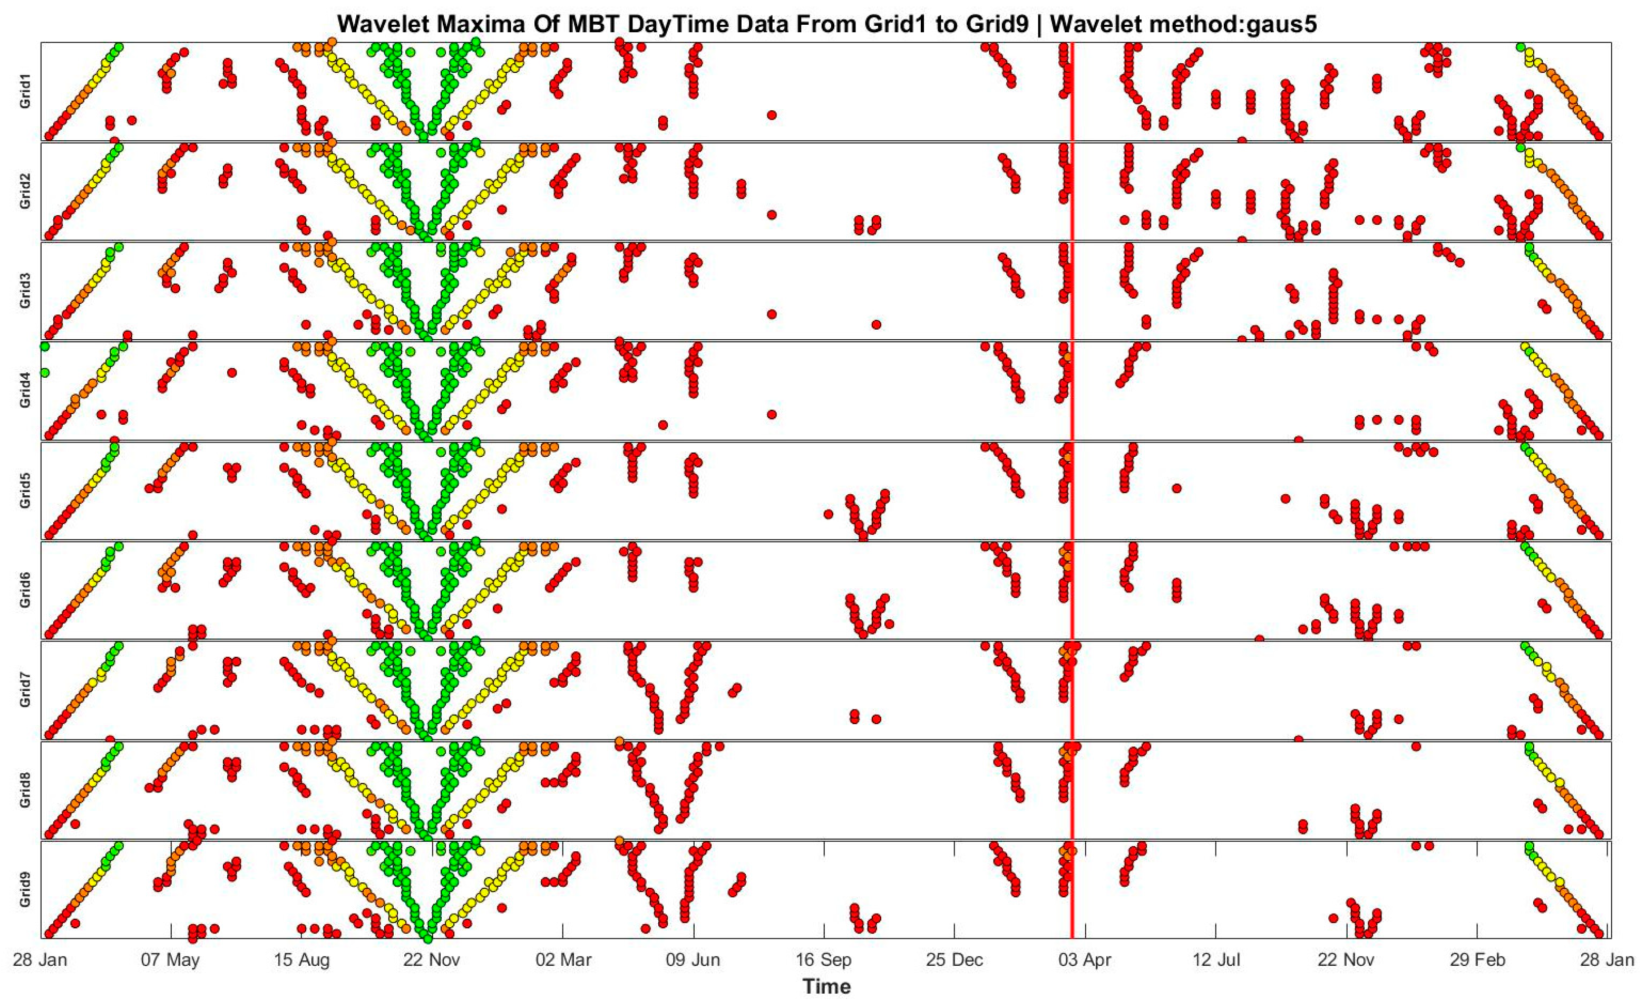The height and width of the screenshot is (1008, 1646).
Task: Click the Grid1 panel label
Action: [25, 92]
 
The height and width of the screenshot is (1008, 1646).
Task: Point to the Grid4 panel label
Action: [25, 391]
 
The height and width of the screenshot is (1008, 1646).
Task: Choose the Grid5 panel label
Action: [25, 491]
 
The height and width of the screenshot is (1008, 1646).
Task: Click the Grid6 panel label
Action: [25, 590]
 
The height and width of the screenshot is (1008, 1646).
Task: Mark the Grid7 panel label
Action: [25, 690]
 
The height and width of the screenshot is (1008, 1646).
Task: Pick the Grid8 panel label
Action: [25, 790]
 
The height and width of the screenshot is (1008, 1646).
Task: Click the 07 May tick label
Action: [170, 961]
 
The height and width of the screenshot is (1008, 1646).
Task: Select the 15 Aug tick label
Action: [301, 961]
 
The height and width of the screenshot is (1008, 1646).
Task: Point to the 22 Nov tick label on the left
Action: [432, 961]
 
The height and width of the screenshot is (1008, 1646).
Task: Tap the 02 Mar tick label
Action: [563, 961]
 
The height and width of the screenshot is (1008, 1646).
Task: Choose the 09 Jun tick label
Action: [694, 961]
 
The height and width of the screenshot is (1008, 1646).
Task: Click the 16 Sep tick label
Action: [824, 961]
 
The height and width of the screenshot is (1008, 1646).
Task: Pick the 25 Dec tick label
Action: [954, 961]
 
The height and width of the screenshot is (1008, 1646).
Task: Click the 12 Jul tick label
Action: [1216, 961]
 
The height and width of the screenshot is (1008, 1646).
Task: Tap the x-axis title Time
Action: [826, 986]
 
